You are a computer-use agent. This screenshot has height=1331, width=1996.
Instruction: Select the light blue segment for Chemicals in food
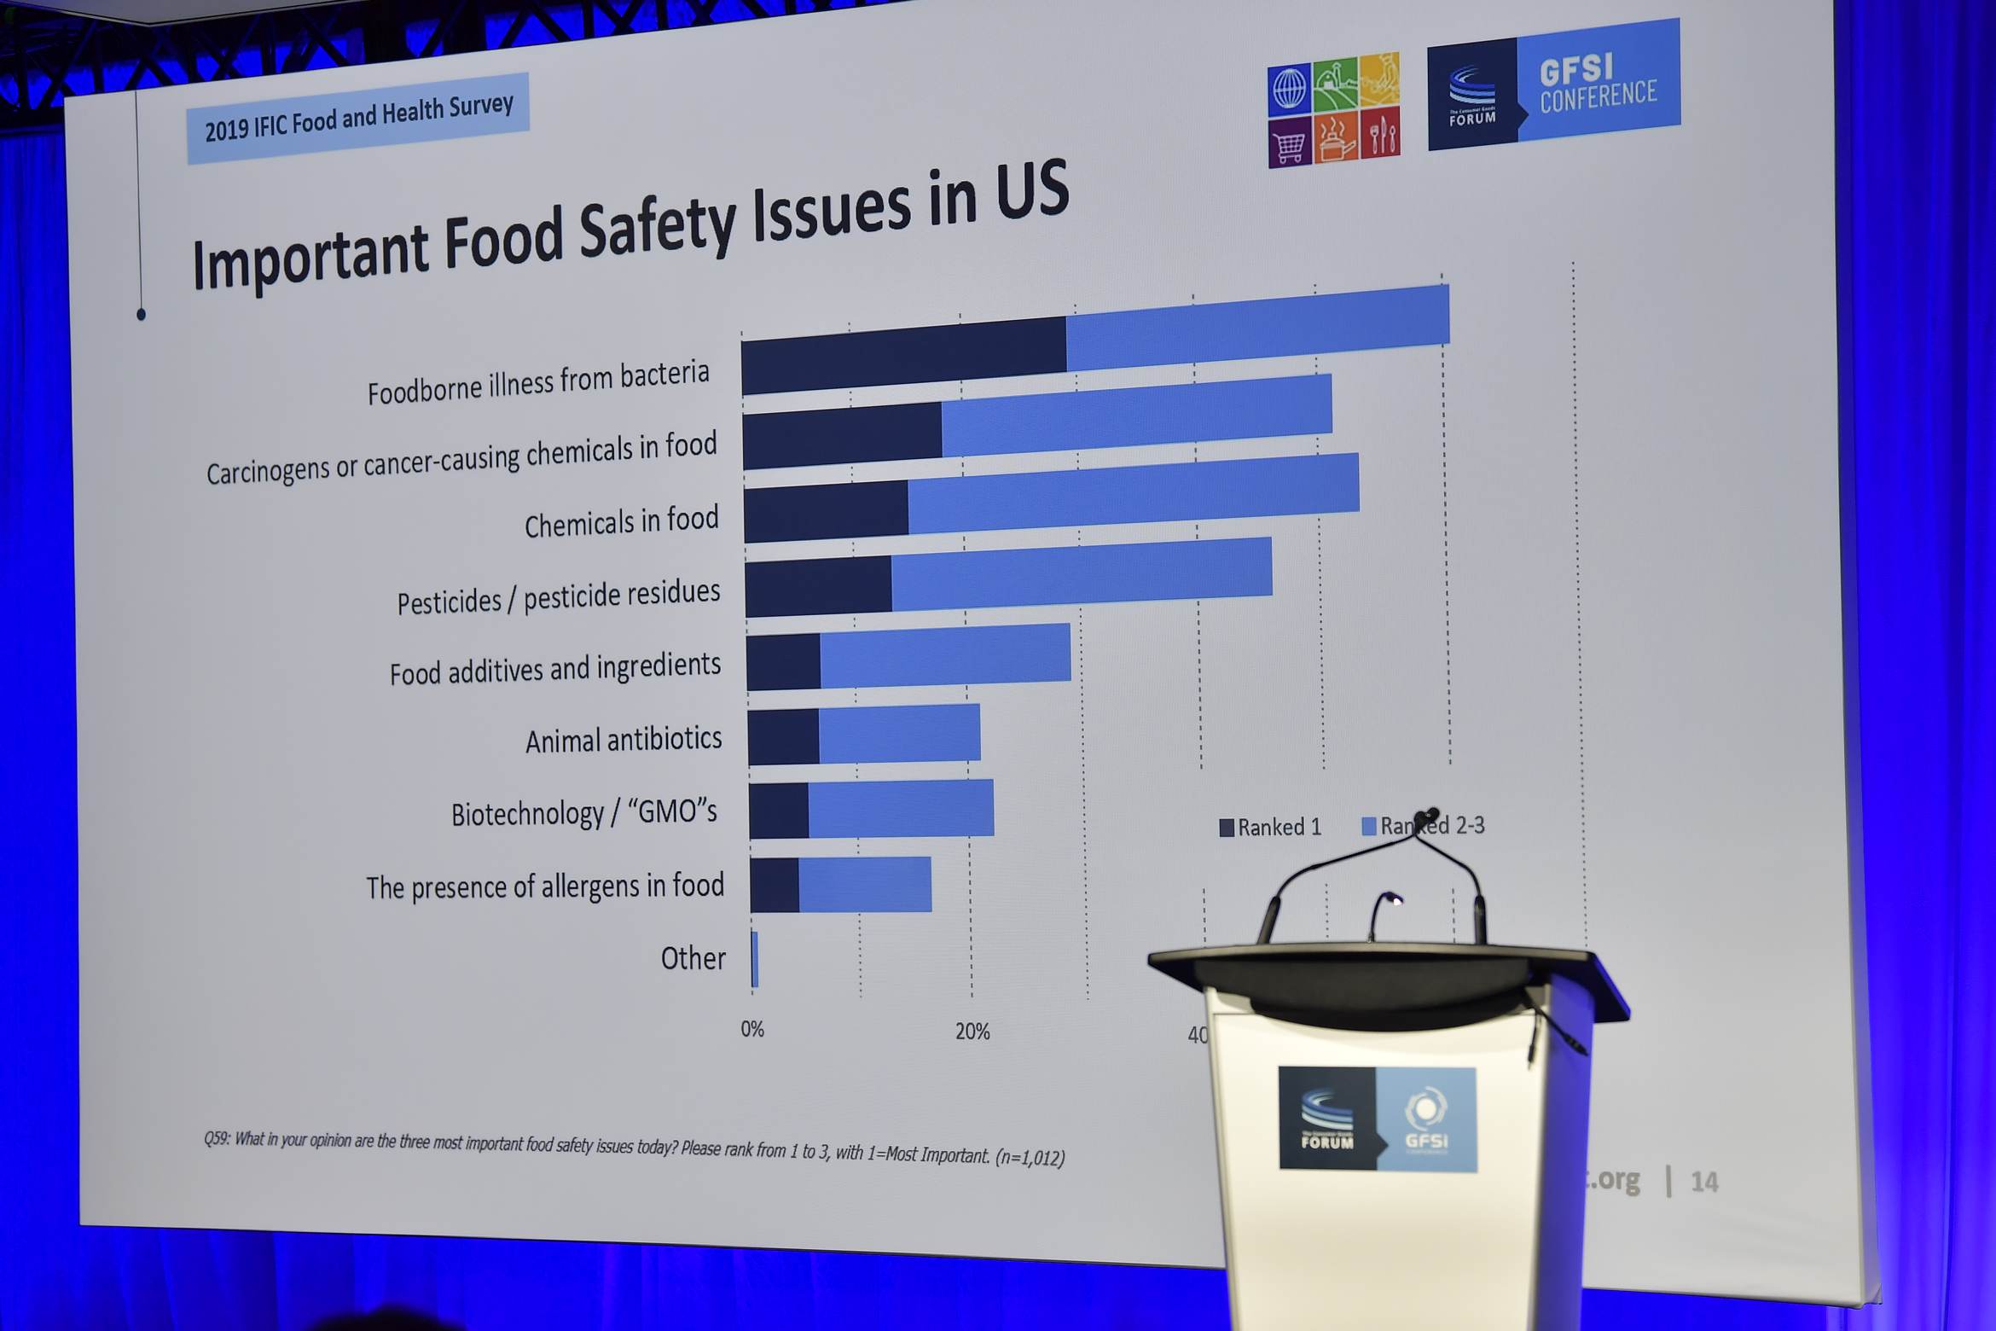(1133, 497)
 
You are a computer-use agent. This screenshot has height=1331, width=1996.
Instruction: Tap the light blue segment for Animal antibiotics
(899, 734)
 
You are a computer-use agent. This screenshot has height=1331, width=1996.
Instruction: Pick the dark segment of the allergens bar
(775, 886)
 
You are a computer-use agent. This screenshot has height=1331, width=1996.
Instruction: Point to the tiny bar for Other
(755, 960)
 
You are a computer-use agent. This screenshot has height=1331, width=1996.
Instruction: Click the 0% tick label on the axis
(752, 1030)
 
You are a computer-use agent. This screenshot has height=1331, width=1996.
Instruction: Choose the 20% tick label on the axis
(972, 1032)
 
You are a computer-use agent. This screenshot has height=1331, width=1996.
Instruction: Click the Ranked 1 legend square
(1227, 828)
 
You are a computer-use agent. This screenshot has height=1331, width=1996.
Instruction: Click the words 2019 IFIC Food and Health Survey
(359, 118)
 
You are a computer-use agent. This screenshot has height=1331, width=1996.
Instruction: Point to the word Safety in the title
(657, 228)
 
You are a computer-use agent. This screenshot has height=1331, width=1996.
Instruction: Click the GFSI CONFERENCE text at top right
(1598, 83)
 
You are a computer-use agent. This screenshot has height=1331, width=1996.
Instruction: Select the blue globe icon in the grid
(1289, 88)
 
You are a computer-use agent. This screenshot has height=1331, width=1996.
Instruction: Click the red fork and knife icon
(1380, 134)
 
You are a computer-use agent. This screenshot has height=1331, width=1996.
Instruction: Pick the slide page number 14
(1704, 1182)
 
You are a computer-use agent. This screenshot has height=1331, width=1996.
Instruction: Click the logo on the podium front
(1377, 1119)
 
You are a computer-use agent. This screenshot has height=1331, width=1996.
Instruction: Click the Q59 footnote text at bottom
(634, 1148)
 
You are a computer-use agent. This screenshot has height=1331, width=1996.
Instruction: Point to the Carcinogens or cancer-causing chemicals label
(461, 458)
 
